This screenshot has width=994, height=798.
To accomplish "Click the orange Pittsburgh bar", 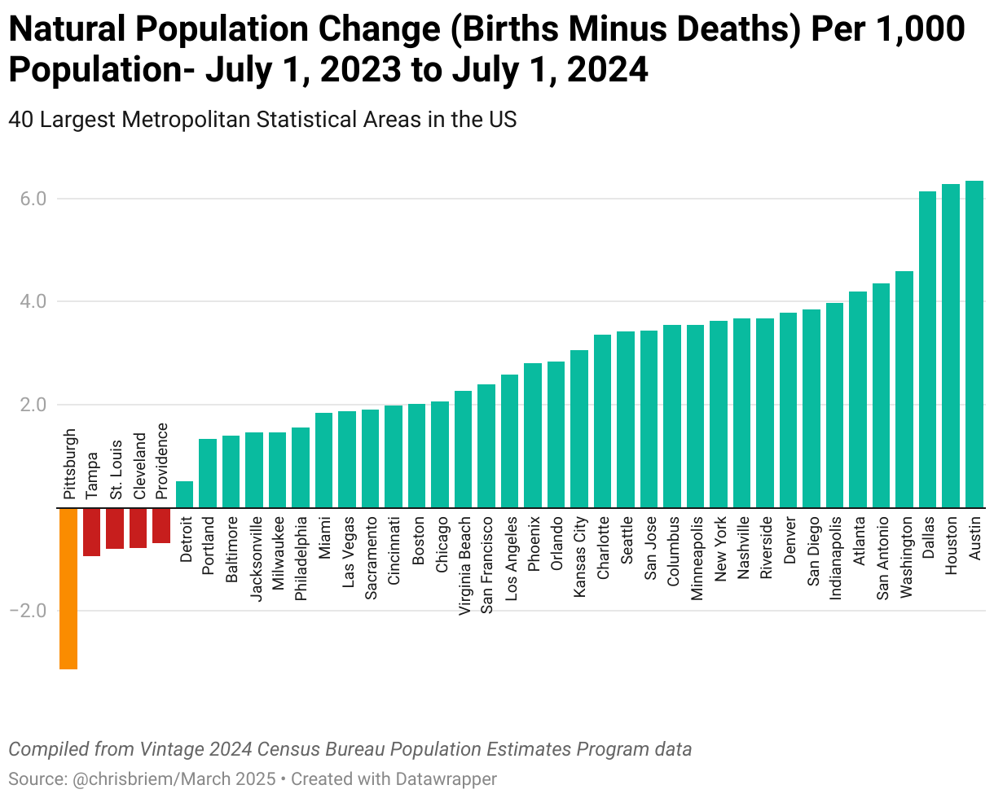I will tap(68, 588).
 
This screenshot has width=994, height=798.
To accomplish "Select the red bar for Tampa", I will tap(91, 532).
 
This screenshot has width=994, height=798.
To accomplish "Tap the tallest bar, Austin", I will tap(974, 344).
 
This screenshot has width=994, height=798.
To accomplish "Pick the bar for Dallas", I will tap(928, 349).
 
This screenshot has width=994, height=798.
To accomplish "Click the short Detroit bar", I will tap(185, 494).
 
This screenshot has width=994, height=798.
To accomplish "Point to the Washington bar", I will tap(904, 389).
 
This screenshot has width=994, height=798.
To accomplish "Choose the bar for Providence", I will tap(161, 525).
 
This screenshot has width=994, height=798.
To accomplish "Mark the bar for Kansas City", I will tap(579, 428).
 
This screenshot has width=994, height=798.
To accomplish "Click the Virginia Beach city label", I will tap(464, 567).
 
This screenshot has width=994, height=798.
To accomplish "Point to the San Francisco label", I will tap(486, 567).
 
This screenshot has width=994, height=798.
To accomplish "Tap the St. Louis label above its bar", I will tap(116, 470).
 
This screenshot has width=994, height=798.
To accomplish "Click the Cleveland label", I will tap(139, 466).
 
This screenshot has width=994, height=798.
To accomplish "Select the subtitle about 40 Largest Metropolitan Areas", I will tap(262, 119).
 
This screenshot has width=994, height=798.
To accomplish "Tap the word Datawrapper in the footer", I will tap(446, 778).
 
